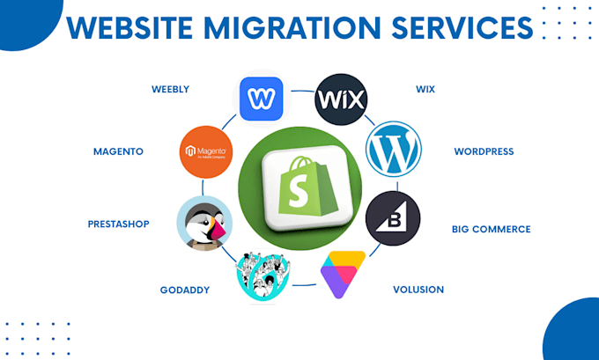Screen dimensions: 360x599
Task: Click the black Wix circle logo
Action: tap(340, 97)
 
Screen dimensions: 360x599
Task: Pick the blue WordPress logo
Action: tap(393, 150)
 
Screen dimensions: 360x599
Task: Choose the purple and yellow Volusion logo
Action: tap(343, 273)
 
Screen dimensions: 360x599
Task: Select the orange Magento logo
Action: tap(205, 152)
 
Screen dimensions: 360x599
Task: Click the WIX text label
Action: tap(426, 88)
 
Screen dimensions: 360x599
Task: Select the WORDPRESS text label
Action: tap(484, 151)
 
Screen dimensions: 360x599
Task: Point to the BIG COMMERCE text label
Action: tap(491, 229)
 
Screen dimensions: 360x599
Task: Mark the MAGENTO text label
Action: tap(118, 151)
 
